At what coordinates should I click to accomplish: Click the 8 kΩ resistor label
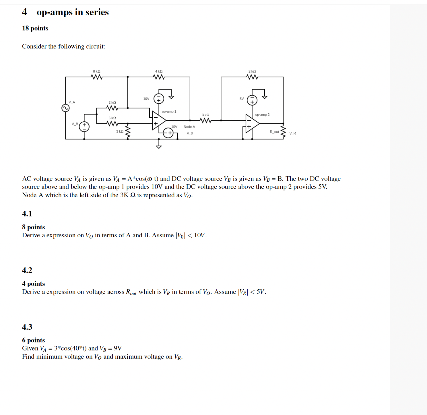[96, 71]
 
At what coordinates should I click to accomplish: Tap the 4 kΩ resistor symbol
[159, 77]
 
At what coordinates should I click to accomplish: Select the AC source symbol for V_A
[65, 108]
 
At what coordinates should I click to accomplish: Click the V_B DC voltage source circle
[84, 127]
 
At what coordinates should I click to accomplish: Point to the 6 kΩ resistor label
[112, 118]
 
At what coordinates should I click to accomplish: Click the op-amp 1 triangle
[159, 121]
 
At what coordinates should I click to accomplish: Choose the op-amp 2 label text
[262, 115]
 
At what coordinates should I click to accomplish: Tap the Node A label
[189, 127]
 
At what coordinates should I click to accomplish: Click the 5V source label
[242, 99]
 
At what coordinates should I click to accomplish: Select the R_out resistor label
[274, 132]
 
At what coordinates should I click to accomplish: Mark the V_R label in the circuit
[292, 133]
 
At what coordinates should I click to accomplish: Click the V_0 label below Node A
[190, 133]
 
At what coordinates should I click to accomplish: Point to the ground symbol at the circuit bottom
[159, 147]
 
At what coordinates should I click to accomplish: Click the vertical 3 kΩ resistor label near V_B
[120, 131]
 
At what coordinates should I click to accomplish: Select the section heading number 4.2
[27, 270]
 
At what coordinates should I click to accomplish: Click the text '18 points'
[35, 28]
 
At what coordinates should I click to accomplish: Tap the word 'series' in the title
[97, 12]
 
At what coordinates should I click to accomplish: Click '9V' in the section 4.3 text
[118, 348]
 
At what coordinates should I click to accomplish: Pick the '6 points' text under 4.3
[33, 340]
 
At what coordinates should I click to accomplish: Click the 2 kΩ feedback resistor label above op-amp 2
[252, 71]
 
